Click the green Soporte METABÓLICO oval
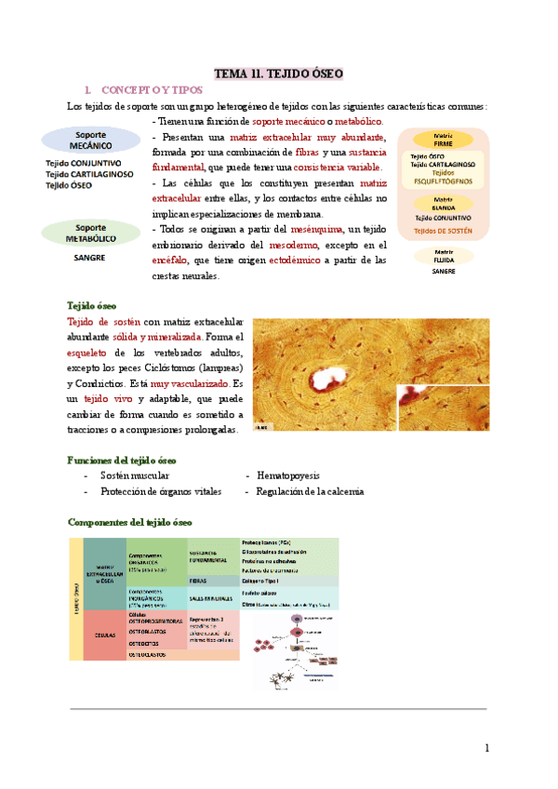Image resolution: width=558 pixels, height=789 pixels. coord(91,233)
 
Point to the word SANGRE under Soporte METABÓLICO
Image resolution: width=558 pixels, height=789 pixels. coord(88,258)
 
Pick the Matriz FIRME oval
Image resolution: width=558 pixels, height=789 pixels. coord(443,139)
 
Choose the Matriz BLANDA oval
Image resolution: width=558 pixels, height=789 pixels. coord(443,203)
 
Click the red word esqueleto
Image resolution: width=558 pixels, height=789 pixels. coord(91,352)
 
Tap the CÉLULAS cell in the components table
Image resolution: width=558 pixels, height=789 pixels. coord(105,635)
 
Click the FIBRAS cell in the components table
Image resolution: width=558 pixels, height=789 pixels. coord(198,579)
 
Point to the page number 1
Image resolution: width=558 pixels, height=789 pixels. coord(486,749)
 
